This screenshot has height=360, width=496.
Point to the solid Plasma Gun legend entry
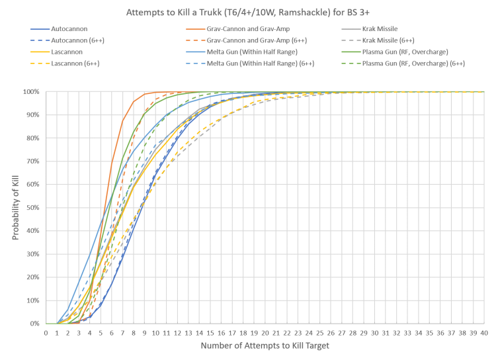[410, 52]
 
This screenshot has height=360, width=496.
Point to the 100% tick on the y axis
[33, 92]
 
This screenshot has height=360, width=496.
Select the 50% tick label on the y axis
[34, 208]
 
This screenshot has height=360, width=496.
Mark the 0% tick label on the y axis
[36, 324]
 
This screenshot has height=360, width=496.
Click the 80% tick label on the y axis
[34, 138]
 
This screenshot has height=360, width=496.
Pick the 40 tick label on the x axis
[484, 332]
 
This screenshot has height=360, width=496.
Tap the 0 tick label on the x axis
[46, 332]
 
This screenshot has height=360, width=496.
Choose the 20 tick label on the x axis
[265, 332]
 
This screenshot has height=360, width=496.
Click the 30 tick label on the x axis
[374, 332]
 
